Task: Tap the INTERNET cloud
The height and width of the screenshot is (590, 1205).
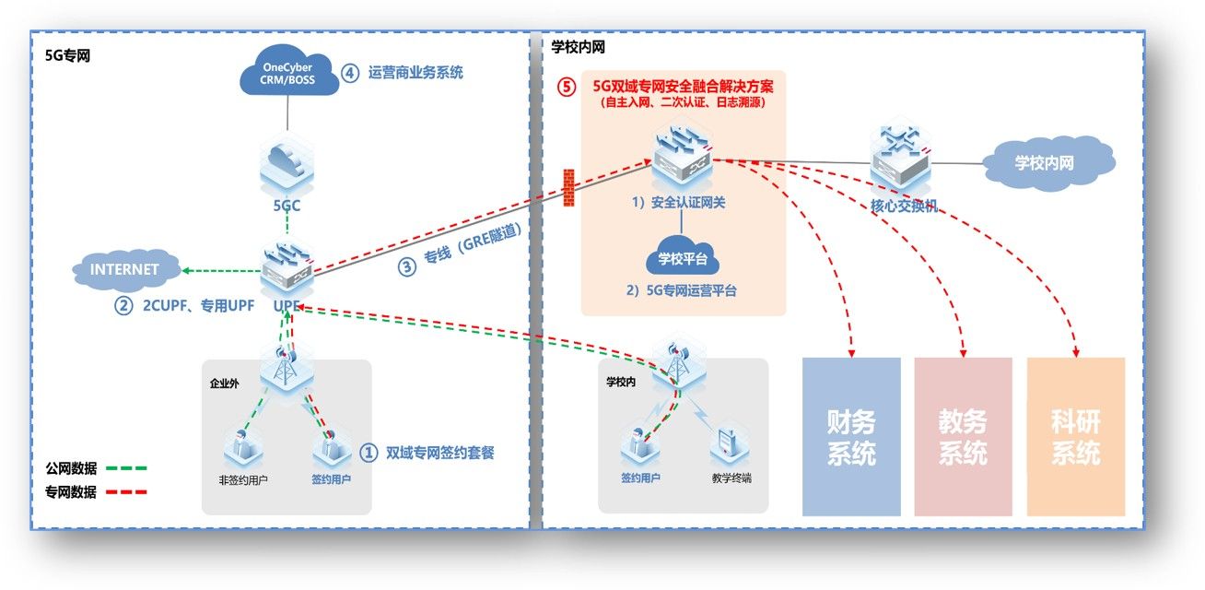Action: pos(124,269)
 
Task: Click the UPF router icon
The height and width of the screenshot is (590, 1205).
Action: pos(287,265)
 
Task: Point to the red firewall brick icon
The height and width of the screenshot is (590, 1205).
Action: pos(568,187)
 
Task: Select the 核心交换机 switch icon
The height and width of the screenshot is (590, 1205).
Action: pos(901,159)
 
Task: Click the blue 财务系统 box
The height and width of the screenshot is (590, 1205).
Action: pos(850,436)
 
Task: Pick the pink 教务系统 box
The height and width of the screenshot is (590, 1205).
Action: pos(963,436)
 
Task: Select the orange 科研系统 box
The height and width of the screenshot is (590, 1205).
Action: pos(1075,436)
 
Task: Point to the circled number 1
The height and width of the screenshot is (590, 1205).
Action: pos(368,453)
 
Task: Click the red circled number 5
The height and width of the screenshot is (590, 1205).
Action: pos(568,88)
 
